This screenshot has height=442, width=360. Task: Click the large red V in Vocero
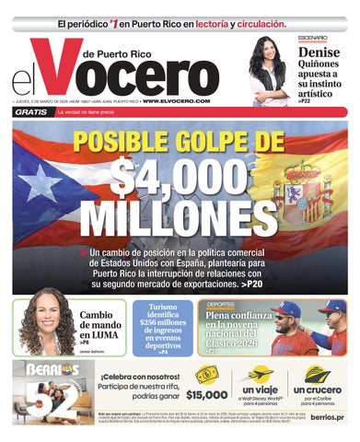pos(90,71)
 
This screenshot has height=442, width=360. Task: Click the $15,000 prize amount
pos(205,394)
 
